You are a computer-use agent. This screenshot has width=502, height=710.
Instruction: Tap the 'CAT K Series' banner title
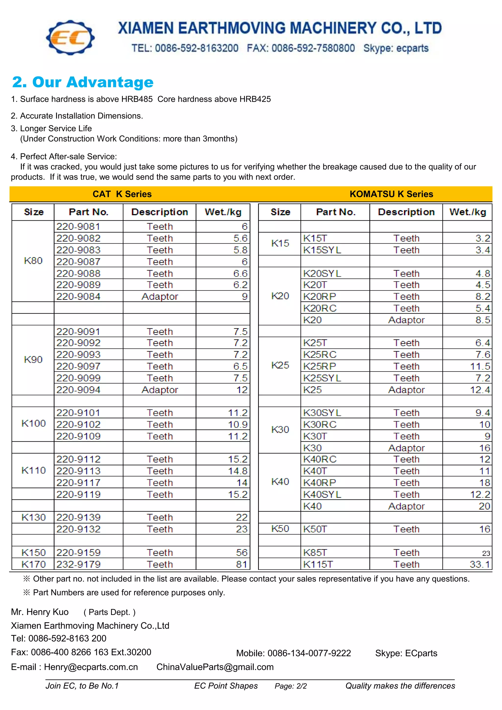coord(122,194)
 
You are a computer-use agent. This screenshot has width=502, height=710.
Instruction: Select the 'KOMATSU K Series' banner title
coord(391,194)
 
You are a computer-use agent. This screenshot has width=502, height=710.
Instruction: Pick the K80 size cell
coord(33,261)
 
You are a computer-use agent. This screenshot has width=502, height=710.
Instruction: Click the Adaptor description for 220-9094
coord(160,390)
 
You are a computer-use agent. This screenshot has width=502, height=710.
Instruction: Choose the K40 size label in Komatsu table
coord(280,482)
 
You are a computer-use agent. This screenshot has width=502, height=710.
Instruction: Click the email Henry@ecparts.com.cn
coord(91,667)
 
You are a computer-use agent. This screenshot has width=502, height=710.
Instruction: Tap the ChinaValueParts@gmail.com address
coord(215,667)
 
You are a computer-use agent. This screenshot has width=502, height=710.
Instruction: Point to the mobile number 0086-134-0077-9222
coord(309,653)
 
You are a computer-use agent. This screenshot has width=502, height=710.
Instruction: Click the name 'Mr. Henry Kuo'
coord(40,612)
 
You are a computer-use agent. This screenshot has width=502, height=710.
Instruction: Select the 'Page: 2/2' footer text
coord(290,686)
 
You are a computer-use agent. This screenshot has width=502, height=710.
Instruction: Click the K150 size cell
coord(33,553)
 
